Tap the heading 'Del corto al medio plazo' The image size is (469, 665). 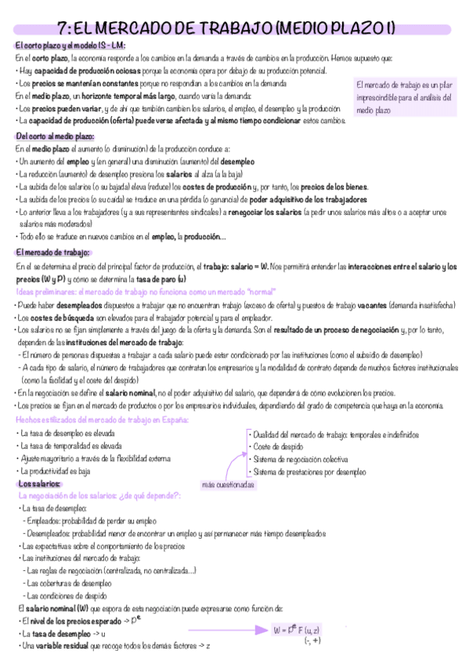coord(55,136)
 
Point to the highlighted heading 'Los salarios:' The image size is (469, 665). coord(40,484)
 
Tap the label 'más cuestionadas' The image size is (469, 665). coord(228,484)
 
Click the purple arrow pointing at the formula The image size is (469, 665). coord(252,629)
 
